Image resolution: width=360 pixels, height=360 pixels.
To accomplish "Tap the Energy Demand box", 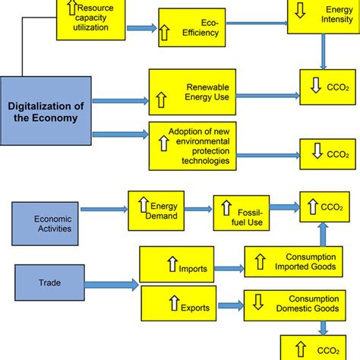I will [161, 211].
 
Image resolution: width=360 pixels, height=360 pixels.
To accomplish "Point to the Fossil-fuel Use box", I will [242, 216].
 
